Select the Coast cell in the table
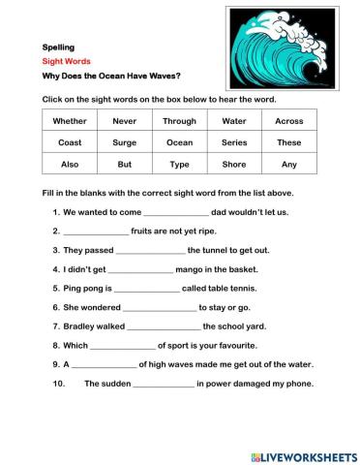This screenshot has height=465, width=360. (x=70, y=142)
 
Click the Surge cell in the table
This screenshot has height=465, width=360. (x=125, y=142)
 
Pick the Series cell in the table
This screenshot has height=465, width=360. (x=234, y=142)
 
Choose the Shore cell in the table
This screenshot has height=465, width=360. (x=234, y=165)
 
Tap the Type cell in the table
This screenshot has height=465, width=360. (x=180, y=165)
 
